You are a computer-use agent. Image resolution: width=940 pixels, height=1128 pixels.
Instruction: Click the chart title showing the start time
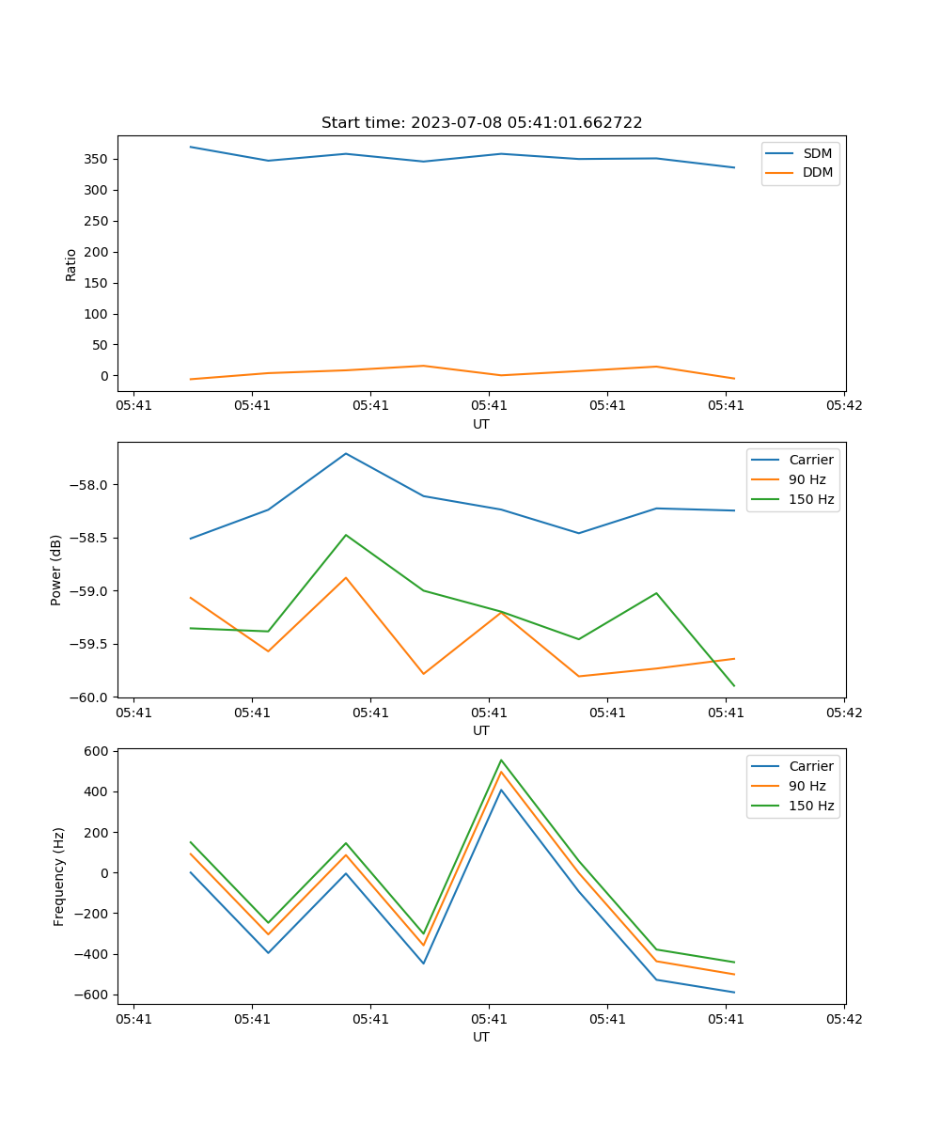click(x=481, y=123)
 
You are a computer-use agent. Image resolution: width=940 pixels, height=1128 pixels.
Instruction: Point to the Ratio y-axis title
click(x=71, y=264)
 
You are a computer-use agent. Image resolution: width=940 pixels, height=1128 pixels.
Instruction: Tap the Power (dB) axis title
click(x=56, y=570)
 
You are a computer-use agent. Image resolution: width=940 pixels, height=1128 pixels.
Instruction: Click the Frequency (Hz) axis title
click(x=59, y=876)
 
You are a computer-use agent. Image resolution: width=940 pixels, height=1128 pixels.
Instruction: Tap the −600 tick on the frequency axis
click(x=92, y=995)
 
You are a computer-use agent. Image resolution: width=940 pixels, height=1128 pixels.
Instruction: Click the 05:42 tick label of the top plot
click(x=843, y=406)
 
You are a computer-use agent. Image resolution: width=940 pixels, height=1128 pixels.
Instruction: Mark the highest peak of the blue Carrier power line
click(x=346, y=454)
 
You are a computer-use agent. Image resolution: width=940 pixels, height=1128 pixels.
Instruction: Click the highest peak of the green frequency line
click(x=501, y=760)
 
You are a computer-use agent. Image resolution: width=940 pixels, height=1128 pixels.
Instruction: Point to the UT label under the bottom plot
click(x=481, y=1037)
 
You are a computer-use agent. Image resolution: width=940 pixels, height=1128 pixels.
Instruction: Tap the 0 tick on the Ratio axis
click(x=104, y=376)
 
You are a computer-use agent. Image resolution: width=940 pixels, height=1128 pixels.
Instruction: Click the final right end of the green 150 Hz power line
click(x=733, y=685)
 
